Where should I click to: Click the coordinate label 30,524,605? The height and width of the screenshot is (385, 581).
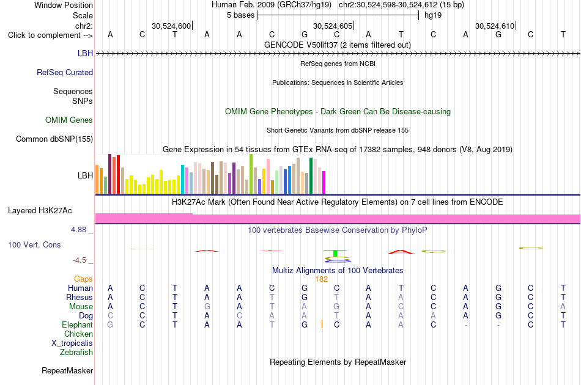tap(333, 26)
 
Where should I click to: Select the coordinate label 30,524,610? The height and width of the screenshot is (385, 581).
tap(495, 26)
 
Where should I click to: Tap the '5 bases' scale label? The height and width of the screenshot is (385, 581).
tap(241, 15)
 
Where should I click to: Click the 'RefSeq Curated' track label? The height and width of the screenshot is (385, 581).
tap(65, 73)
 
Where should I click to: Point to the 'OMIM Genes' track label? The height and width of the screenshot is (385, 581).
tap(69, 120)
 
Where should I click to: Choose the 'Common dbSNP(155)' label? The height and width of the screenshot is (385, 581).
tap(54, 139)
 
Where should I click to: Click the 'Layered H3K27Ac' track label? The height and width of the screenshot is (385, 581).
tap(40, 211)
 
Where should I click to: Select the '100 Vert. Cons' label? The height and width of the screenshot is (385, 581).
tap(34, 244)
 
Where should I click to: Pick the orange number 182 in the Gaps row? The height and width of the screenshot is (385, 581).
tap(322, 279)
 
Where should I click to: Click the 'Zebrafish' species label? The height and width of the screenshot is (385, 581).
tap(76, 353)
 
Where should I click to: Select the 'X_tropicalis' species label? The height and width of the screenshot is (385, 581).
tap(72, 343)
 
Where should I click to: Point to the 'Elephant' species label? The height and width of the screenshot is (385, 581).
tap(78, 324)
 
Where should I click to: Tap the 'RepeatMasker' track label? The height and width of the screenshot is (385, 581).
tap(67, 370)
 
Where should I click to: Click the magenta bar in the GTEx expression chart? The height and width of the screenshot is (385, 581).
tap(324, 183)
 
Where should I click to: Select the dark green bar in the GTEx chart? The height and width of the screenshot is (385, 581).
tap(311, 176)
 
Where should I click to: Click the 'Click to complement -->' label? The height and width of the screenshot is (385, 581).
tap(50, 35)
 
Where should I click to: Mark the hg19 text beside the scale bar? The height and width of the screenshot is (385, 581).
tap(433, 15)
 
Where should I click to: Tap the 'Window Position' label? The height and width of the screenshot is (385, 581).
tap(64, 5)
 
